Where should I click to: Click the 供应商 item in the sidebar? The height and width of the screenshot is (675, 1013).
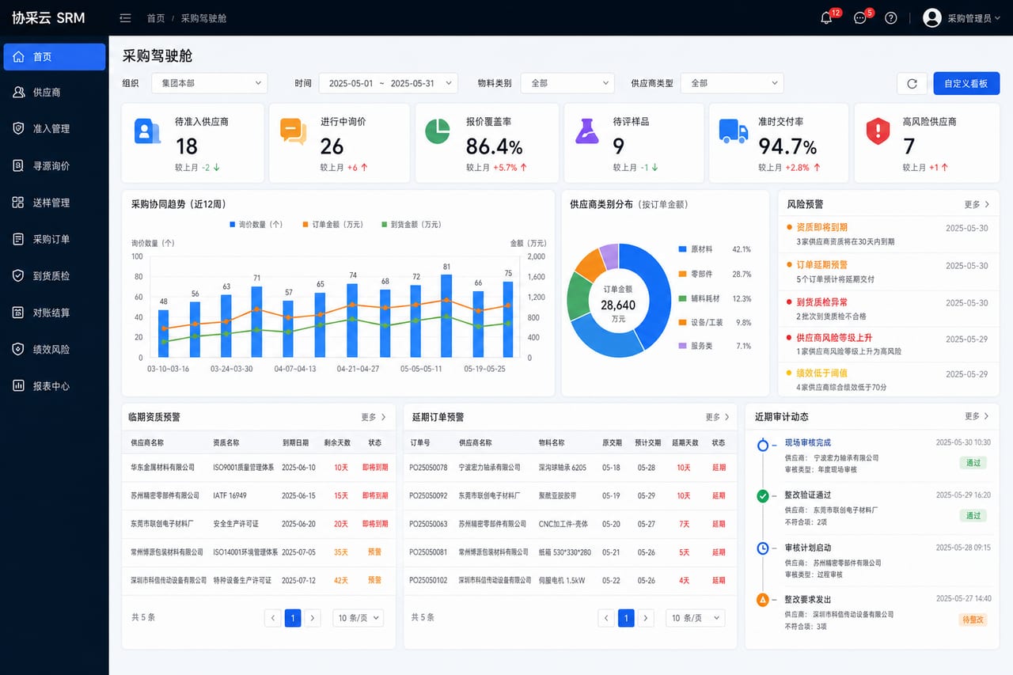tap(46, 93)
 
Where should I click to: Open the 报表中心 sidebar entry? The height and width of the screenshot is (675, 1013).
tap(51, 386)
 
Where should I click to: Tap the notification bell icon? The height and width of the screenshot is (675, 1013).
tap(825, 18)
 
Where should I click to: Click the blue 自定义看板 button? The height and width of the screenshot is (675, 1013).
tap(966, 84)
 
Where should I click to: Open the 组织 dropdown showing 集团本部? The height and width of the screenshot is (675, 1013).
tap(210, 84)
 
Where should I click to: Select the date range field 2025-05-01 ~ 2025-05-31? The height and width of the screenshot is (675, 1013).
tap(388, 84)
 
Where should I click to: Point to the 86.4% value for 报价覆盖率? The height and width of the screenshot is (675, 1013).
tap(494, 146)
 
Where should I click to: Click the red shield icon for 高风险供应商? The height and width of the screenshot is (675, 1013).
tap(878, 131)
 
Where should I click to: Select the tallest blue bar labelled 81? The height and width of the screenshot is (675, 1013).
tap(446, 316)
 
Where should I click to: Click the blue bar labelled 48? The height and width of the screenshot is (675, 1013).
tap(163, 333)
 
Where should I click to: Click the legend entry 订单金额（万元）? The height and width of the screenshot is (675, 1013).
tap(333, 225)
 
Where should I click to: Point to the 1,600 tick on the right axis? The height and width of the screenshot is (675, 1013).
tap(537, 277)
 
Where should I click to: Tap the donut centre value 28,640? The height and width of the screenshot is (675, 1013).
tap(618, 305)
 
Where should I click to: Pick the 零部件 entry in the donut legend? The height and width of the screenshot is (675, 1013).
tap(701, 274)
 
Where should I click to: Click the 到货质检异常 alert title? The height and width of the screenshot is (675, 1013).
tap(821, 302)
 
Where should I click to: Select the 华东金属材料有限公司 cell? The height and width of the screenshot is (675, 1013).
tap(163, 468)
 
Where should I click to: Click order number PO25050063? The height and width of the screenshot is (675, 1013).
tap(428, 524)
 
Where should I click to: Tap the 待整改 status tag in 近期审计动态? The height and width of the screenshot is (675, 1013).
tap(973, 620)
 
